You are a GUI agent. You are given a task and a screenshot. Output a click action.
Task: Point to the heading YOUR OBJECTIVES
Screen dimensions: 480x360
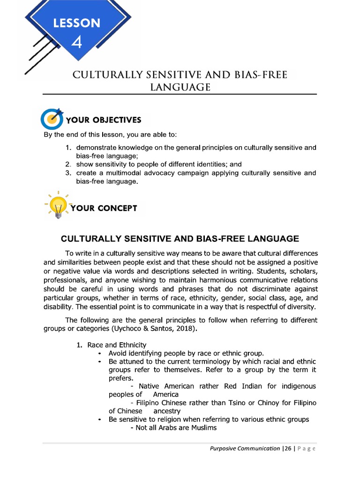(x=104, y=120)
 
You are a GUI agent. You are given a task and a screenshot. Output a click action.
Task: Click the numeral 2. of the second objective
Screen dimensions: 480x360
(x=68, y=165)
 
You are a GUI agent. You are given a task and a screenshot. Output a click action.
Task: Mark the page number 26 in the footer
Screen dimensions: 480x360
(x=287, y=449)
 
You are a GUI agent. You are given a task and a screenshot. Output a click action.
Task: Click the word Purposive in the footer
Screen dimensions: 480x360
(x=224, y=449)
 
